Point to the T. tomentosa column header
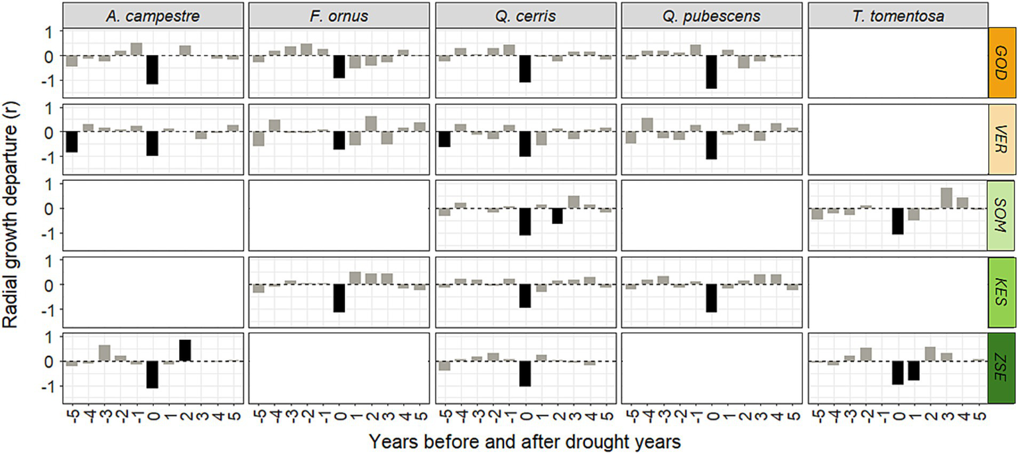click(x=899, y=15)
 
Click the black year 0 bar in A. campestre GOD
click(x=153, y=70)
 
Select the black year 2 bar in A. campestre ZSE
click(x=185, y=351)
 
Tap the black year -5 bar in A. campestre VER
click(x=72, y=142)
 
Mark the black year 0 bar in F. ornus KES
click(x=339, y=298)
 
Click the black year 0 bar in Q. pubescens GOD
click(x=712, y=72)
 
